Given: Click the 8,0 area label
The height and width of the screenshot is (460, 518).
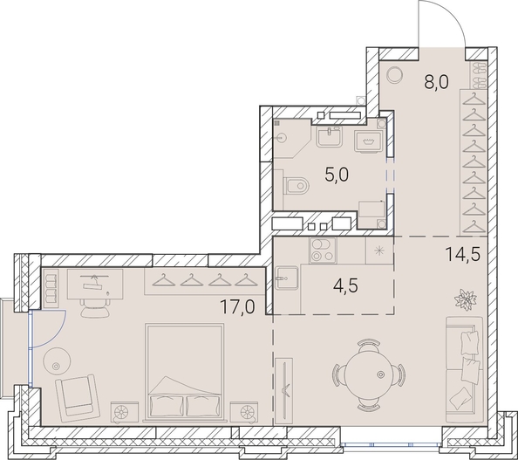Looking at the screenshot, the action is (436, 82).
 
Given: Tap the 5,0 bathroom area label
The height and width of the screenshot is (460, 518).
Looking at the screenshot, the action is (337, 175).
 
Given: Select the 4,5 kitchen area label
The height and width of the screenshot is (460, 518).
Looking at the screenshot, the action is (346, 285).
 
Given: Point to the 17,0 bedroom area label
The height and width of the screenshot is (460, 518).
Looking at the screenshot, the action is (238, 306).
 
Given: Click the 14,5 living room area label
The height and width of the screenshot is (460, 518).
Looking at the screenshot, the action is (462, 254).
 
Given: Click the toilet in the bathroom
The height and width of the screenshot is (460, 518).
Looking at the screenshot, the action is (296, 186).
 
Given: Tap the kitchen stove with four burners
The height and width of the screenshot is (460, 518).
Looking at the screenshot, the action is (323, 251).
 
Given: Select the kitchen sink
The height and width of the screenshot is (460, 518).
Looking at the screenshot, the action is (287, 278).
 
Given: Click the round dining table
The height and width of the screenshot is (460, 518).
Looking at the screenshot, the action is (369, 374).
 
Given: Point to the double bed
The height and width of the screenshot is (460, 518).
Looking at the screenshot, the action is (184, 372).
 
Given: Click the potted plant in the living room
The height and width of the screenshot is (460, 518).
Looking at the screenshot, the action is (466, 299).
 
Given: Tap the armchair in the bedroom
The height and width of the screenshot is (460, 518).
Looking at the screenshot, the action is (78, 395).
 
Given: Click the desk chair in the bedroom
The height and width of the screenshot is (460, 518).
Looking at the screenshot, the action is (94, 307).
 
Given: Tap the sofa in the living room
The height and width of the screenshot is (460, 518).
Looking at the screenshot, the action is (464, 369).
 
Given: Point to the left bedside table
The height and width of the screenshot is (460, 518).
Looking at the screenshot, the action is (124, 412).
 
